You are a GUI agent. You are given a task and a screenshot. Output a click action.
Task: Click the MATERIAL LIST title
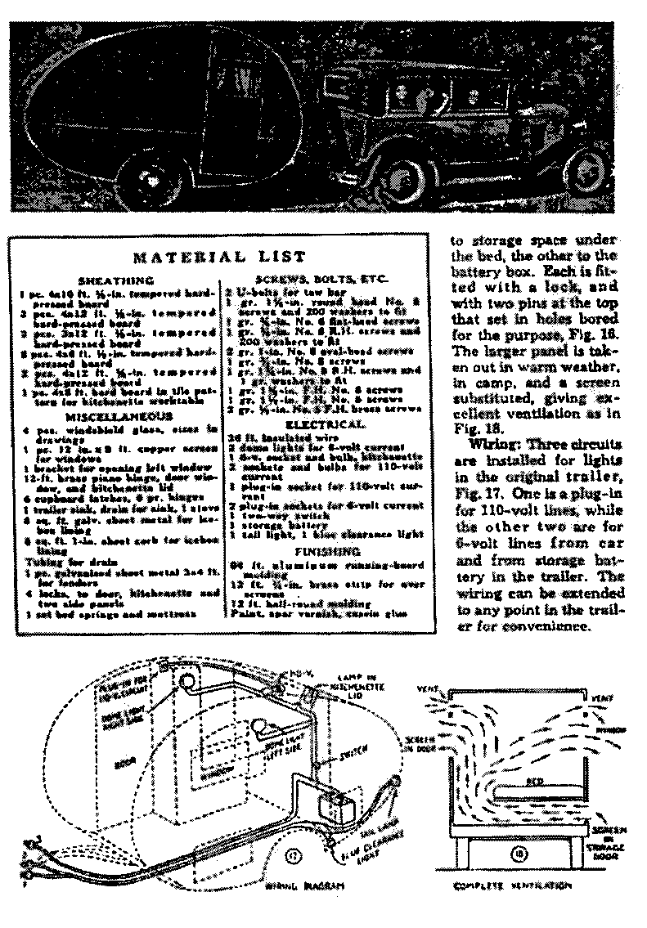219,257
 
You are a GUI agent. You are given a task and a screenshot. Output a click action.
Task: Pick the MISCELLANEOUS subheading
118,416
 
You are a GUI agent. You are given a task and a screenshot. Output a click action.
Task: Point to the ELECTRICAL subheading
325,426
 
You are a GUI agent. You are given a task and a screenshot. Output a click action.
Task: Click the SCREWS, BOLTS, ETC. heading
326,280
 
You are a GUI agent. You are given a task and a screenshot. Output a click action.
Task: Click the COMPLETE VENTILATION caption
512,885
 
